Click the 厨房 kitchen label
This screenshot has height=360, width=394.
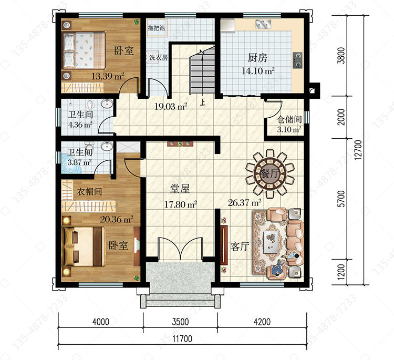point(257,58)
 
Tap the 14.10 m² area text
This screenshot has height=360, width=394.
point(258,71)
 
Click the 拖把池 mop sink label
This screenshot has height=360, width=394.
point(157,28)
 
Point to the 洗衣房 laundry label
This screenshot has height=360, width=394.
point(158,58)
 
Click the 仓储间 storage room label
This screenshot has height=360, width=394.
point(289,119)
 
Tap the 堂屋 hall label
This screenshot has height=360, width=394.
point(180,189)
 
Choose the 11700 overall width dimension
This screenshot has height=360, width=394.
point(182,338)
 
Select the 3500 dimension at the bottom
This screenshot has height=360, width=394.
point(180,322)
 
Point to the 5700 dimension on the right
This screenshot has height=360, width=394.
point(341,199)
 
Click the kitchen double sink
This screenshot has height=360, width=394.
point(264,24)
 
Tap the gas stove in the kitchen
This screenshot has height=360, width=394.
point(297,60)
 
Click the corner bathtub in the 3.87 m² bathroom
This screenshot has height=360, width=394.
point(70,163)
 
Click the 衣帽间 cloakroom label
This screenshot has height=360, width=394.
point(89,192)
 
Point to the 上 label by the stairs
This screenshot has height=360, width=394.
point(203,102)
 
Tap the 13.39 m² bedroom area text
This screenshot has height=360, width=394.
point(108,76)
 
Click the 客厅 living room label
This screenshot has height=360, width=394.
point(240,246)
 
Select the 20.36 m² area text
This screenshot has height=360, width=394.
point(117,220)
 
